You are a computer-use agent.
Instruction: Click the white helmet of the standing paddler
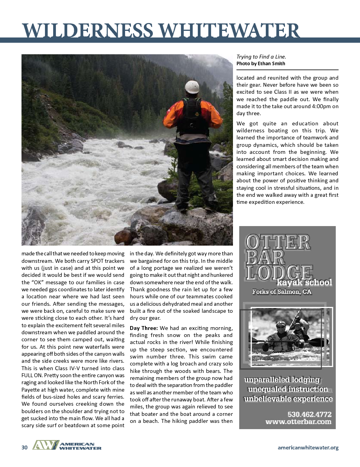tap(192, 87)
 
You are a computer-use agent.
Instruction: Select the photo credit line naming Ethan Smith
tap(261, 64)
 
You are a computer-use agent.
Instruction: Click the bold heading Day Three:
tap(144, 328)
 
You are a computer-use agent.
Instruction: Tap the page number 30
tap(25, 447)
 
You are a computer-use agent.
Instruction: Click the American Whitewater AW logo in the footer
tap(67, 446)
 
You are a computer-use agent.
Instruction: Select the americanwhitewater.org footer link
tap(308, 447)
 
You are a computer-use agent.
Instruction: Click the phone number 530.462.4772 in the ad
tap(309, 414)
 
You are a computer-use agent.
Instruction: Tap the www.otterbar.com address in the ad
tap(298, 422)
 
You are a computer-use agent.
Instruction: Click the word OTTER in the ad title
tap(278, 243)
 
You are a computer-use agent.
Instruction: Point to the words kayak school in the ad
tap(304, 282)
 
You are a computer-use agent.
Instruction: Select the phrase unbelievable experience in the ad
tap(288, 399)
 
